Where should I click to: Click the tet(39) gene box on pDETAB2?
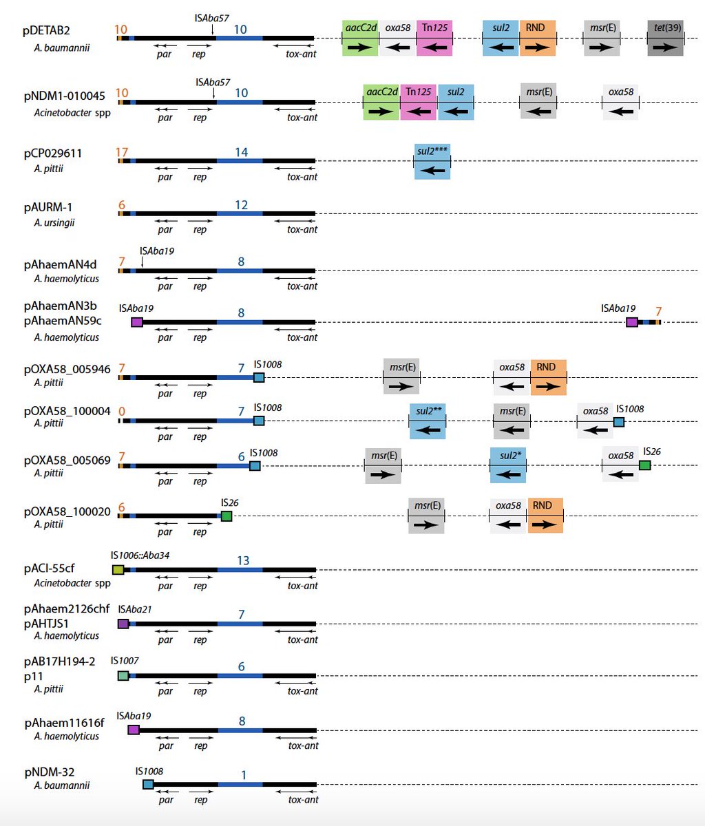665,38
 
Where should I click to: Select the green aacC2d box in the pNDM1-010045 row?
381,102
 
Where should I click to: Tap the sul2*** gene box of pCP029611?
432,162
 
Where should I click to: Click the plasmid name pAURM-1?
48,206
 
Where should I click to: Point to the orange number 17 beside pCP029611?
122,152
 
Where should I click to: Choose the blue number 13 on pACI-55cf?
243,561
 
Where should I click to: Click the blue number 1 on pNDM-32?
244,776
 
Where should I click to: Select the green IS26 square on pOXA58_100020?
227,516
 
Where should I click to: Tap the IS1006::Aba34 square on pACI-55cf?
118,569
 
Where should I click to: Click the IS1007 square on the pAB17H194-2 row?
123,676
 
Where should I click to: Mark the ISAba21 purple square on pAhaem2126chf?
123,624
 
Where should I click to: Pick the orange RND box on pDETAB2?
538,38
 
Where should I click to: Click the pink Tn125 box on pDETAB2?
434,38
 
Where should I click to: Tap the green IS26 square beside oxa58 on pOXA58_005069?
644,465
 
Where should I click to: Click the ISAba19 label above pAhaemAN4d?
156,251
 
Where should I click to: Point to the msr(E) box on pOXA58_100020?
426,516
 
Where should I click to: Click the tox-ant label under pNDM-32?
303,800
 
